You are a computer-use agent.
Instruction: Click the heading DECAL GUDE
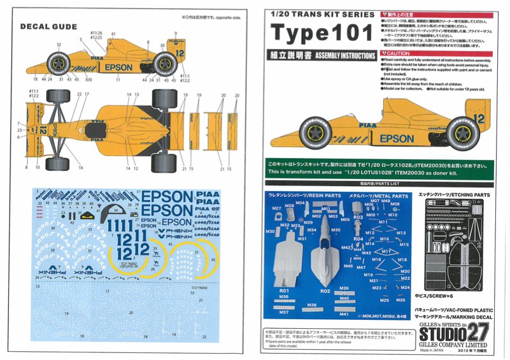click(49, 27)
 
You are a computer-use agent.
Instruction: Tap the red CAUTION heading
click(397, 54)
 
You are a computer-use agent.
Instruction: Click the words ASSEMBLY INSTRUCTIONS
click(339, 55)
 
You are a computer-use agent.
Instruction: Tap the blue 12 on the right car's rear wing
click(479, 118)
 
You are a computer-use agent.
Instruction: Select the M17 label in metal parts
click(385, 251)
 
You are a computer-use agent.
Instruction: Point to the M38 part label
click(311, 305)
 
